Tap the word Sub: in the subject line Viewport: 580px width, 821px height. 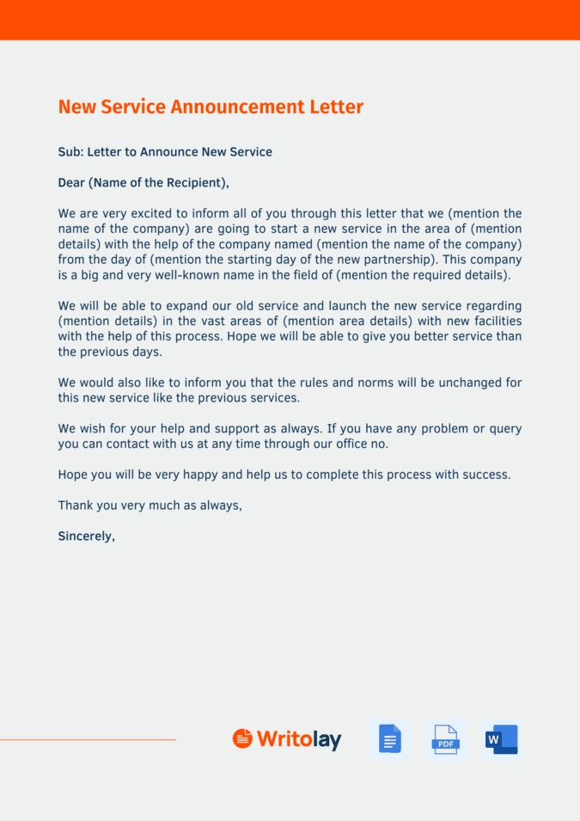point(70,152)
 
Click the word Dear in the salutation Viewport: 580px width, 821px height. point(71,182)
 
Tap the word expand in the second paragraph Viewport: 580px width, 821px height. point(183,306)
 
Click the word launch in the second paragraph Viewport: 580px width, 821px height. point(331,306)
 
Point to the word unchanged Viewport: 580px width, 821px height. point(455,383)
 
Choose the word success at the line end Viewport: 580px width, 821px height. point(485,475)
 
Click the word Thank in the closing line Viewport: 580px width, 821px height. point(76,505)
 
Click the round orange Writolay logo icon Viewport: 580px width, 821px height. point(243,738)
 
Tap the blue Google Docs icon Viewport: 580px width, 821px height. point(390,738)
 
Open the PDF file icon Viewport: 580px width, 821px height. point(445,738)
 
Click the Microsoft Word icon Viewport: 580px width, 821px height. point(502,738)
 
